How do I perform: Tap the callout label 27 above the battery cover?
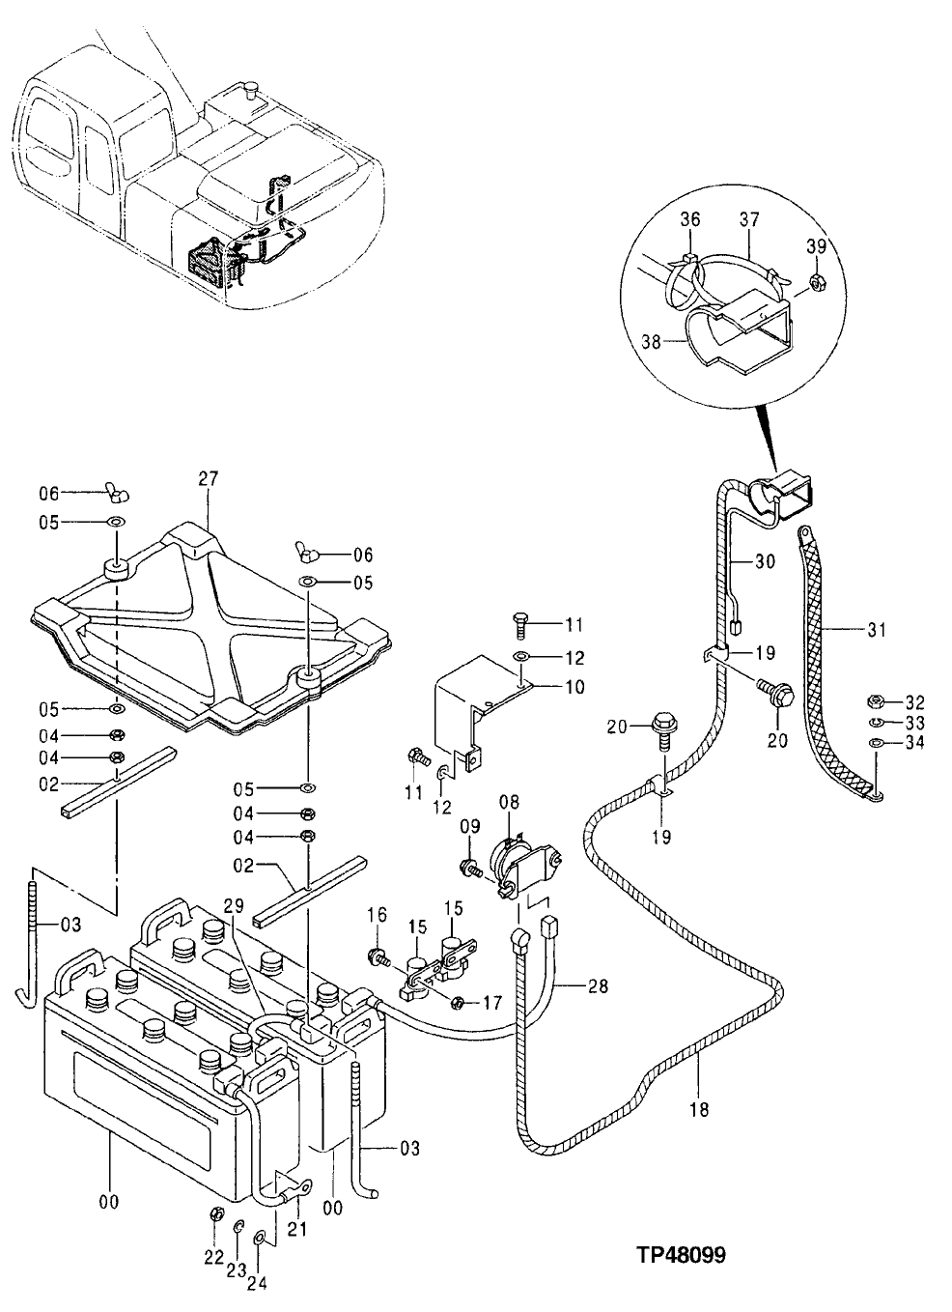209,478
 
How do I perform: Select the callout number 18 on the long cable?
699,1109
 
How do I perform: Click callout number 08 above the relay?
509,801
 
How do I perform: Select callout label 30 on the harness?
764,559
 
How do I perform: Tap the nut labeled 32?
875,701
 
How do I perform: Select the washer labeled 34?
875,742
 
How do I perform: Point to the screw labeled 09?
473,867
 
